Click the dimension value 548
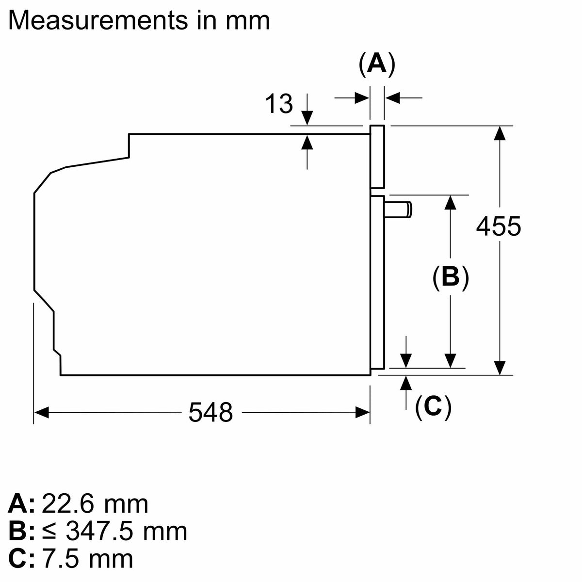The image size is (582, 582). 210,413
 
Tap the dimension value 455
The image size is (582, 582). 499,226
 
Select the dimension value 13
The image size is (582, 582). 279,104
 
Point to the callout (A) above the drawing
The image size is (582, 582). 377,64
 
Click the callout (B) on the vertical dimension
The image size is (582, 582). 450,277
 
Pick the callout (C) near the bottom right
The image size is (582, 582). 433,407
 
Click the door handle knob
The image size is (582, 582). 398,210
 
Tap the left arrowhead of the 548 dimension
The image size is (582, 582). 41,413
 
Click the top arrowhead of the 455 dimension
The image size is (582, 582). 500,133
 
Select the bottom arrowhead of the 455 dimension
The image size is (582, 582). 500,368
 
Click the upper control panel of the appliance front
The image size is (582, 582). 377,157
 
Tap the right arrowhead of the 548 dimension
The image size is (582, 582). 362,413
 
